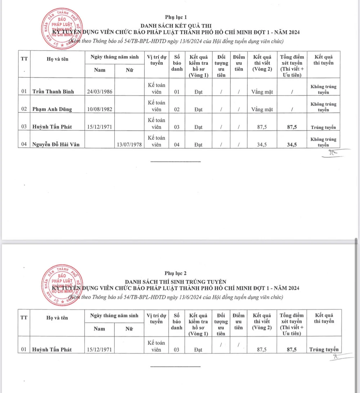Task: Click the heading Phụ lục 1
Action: (x=176, y=17)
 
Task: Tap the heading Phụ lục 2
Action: (x=176, y=273)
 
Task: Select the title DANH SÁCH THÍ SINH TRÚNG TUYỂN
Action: (x=176, y=281)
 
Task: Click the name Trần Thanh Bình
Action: (x=53, y=91)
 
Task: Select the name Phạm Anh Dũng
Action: (x=52, y=109)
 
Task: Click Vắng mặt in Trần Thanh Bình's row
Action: (x=262, y=92)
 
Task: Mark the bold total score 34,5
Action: (x=292, y=144)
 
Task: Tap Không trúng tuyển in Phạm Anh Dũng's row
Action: (x=323, y=107)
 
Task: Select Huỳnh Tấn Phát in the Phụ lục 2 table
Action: (x=52, y=349)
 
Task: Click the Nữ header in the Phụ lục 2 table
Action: (x=129, y=329)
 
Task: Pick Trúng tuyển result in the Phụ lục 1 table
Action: (x=323, y=127)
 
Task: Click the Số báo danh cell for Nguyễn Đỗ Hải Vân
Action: (x=176, y=144)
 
